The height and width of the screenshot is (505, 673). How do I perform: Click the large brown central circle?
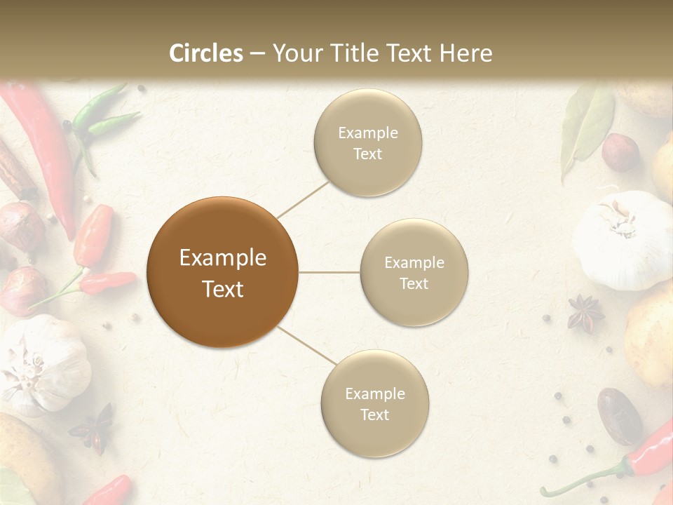(222, 272)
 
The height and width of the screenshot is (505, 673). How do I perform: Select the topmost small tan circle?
(367, 142)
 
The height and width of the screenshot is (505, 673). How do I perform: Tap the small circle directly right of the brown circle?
(414, 272)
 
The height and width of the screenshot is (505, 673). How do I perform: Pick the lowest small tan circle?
(374, 403)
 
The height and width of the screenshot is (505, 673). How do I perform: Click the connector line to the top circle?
(304, 197)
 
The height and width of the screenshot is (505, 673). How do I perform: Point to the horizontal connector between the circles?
(329, 272)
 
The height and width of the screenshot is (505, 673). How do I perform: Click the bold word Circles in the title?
(206, 53)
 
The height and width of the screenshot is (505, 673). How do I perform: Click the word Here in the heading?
(465, 53)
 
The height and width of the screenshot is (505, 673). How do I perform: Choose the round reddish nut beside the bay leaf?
(620, 152)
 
